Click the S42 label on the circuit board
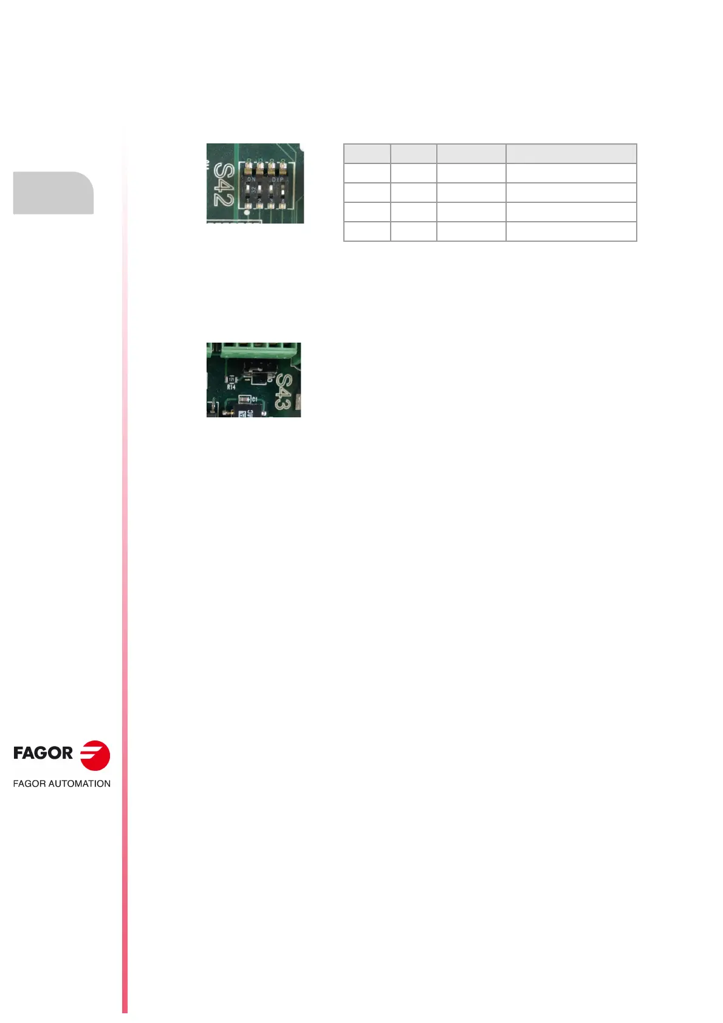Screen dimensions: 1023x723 224,185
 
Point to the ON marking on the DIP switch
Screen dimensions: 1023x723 252,179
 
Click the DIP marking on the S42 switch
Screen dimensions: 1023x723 278,179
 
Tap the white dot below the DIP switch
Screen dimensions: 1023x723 247,213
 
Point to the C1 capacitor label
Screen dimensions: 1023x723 255,399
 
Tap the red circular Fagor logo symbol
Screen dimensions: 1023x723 95,756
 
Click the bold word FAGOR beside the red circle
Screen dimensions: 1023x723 43,753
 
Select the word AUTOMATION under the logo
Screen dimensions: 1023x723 79,784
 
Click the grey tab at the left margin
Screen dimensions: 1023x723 53,193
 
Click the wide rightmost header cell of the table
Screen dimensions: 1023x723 571,154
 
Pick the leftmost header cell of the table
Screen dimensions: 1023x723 367,154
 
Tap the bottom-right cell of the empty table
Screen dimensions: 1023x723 571,231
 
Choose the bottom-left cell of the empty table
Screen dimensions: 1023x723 367,231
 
